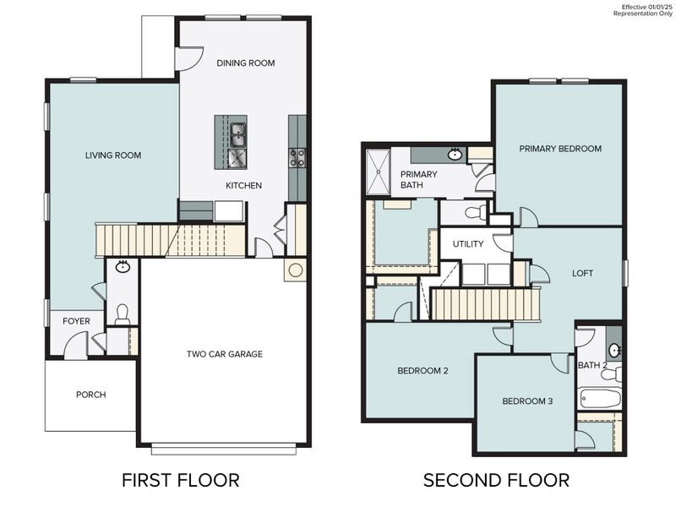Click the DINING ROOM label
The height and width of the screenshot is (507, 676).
point(245,63)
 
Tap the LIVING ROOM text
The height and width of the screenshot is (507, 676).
point(112,155)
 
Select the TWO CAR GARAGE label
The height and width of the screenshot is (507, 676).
point(224,354)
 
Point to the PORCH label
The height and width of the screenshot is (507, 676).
point(90,395)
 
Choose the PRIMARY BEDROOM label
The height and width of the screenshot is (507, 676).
point(560,149)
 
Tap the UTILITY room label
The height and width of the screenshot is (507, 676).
point(467,243)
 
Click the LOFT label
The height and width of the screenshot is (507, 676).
point(583,274)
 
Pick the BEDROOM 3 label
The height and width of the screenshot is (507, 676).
point(526,401)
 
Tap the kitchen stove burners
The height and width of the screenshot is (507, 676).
point(297,157)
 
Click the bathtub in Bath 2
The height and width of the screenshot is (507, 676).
point(601,398)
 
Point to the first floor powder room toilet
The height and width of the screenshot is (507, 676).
point(123,315)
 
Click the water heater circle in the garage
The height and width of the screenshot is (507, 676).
point(296,270)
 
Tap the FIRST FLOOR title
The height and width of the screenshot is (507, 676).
point(180,481)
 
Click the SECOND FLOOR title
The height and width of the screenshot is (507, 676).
point(496,481)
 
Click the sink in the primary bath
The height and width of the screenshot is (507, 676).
point(455,155)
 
